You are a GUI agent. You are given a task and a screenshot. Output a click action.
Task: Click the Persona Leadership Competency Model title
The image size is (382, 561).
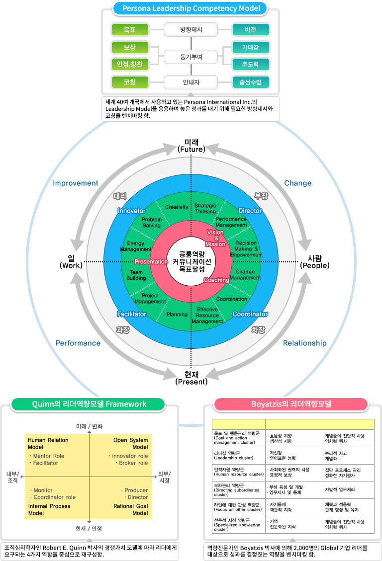(x=191, y=8)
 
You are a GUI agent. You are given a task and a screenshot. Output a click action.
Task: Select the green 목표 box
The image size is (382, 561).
(x=129, y=30)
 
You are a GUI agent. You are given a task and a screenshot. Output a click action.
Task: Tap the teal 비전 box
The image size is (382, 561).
(x=251, y=30)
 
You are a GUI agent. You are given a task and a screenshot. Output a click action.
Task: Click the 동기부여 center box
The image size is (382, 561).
(x=191, y=57)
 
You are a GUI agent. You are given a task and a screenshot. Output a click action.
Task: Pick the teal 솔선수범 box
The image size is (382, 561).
(x=251, y=82)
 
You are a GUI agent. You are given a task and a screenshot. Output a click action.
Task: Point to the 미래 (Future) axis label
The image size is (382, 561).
(x=191, y=145)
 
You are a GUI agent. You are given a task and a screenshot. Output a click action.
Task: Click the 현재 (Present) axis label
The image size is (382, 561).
(x=191, y=378)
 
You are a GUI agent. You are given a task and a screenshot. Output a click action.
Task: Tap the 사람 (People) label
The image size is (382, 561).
(x=314, y=261)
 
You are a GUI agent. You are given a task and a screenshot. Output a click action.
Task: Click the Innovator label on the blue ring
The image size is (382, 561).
(x=131, y=211)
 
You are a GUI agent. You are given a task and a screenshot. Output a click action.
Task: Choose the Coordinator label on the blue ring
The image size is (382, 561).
(x=250, y=314)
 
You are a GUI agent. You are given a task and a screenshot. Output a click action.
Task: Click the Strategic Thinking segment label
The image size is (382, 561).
(x=205, y=208)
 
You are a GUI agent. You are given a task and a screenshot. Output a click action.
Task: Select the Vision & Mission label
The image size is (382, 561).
(x=215, y=238)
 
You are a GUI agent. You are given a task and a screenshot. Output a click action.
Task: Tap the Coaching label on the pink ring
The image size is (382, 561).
(x=216, y=280)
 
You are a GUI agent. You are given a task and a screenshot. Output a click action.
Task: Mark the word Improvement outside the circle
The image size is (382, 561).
(x=76, y=183)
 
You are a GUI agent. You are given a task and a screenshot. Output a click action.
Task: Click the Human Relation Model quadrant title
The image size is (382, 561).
(x=48, y=443)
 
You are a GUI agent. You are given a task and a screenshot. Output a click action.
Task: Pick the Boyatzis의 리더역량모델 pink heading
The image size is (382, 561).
(x=291, y=404)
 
